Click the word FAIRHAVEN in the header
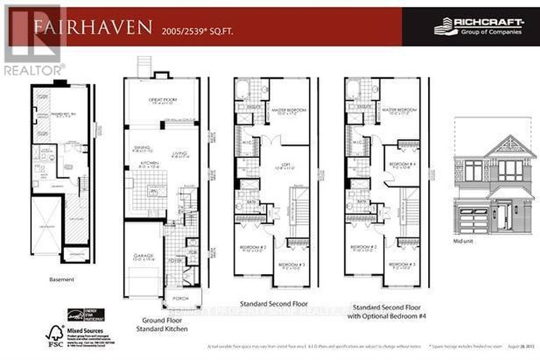[x=92, y=27]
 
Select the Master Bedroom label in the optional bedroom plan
[x=398, y=110]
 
